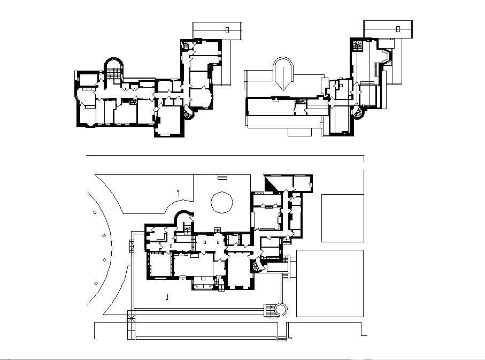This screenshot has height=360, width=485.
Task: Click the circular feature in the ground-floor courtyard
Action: [222, 202]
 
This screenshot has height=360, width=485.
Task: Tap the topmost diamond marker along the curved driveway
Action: [95, 213]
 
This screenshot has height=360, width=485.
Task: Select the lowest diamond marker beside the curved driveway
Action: [96, 282]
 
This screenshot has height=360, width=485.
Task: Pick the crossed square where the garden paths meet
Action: [131, 317]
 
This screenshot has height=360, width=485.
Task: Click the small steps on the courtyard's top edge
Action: [222, 177]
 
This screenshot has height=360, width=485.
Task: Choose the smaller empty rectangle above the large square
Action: [342, 218]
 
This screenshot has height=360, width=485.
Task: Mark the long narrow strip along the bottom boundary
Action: [206, 338]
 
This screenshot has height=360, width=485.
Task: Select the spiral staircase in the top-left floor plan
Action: [188, 113]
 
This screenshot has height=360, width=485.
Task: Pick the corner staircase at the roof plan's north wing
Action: [358, 45]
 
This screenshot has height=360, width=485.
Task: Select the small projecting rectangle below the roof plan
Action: [302, 131]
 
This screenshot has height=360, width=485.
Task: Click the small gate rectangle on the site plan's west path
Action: [131, 247]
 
